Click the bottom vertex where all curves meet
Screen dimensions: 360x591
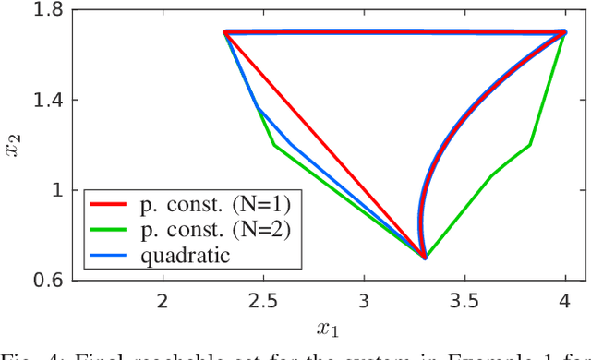point(424,258)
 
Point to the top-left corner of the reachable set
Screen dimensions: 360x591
point(225,32)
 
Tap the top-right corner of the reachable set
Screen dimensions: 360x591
point(564,32)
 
